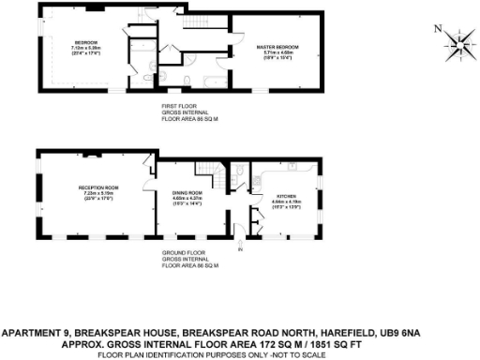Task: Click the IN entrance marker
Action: point(239,250)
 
